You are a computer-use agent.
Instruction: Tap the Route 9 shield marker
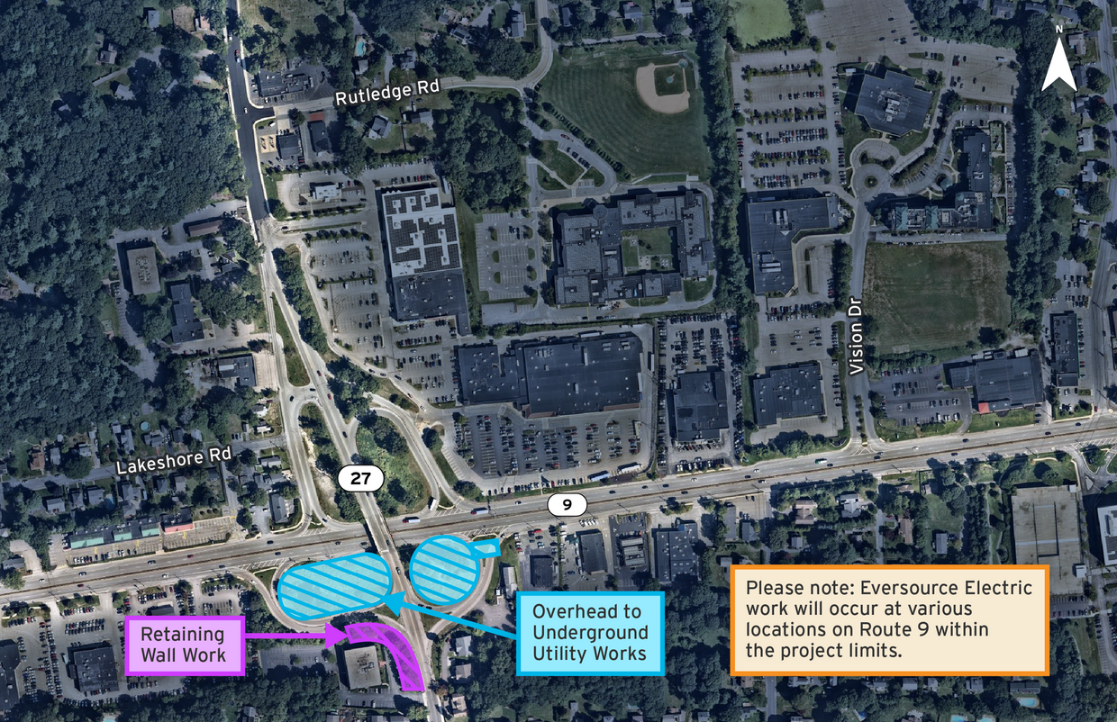[x=567, y=504]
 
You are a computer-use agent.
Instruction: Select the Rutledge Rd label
[x=386, y=92]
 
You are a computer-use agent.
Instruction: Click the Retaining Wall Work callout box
[x=186, y=645]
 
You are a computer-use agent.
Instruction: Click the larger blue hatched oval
[x=334, y=585]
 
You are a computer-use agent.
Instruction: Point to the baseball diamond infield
[x=663, y=86]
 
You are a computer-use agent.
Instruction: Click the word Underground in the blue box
[x=590, y=632]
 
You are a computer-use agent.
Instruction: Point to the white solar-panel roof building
[x=421, y=232]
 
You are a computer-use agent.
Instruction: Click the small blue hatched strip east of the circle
[x=486, y=546]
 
